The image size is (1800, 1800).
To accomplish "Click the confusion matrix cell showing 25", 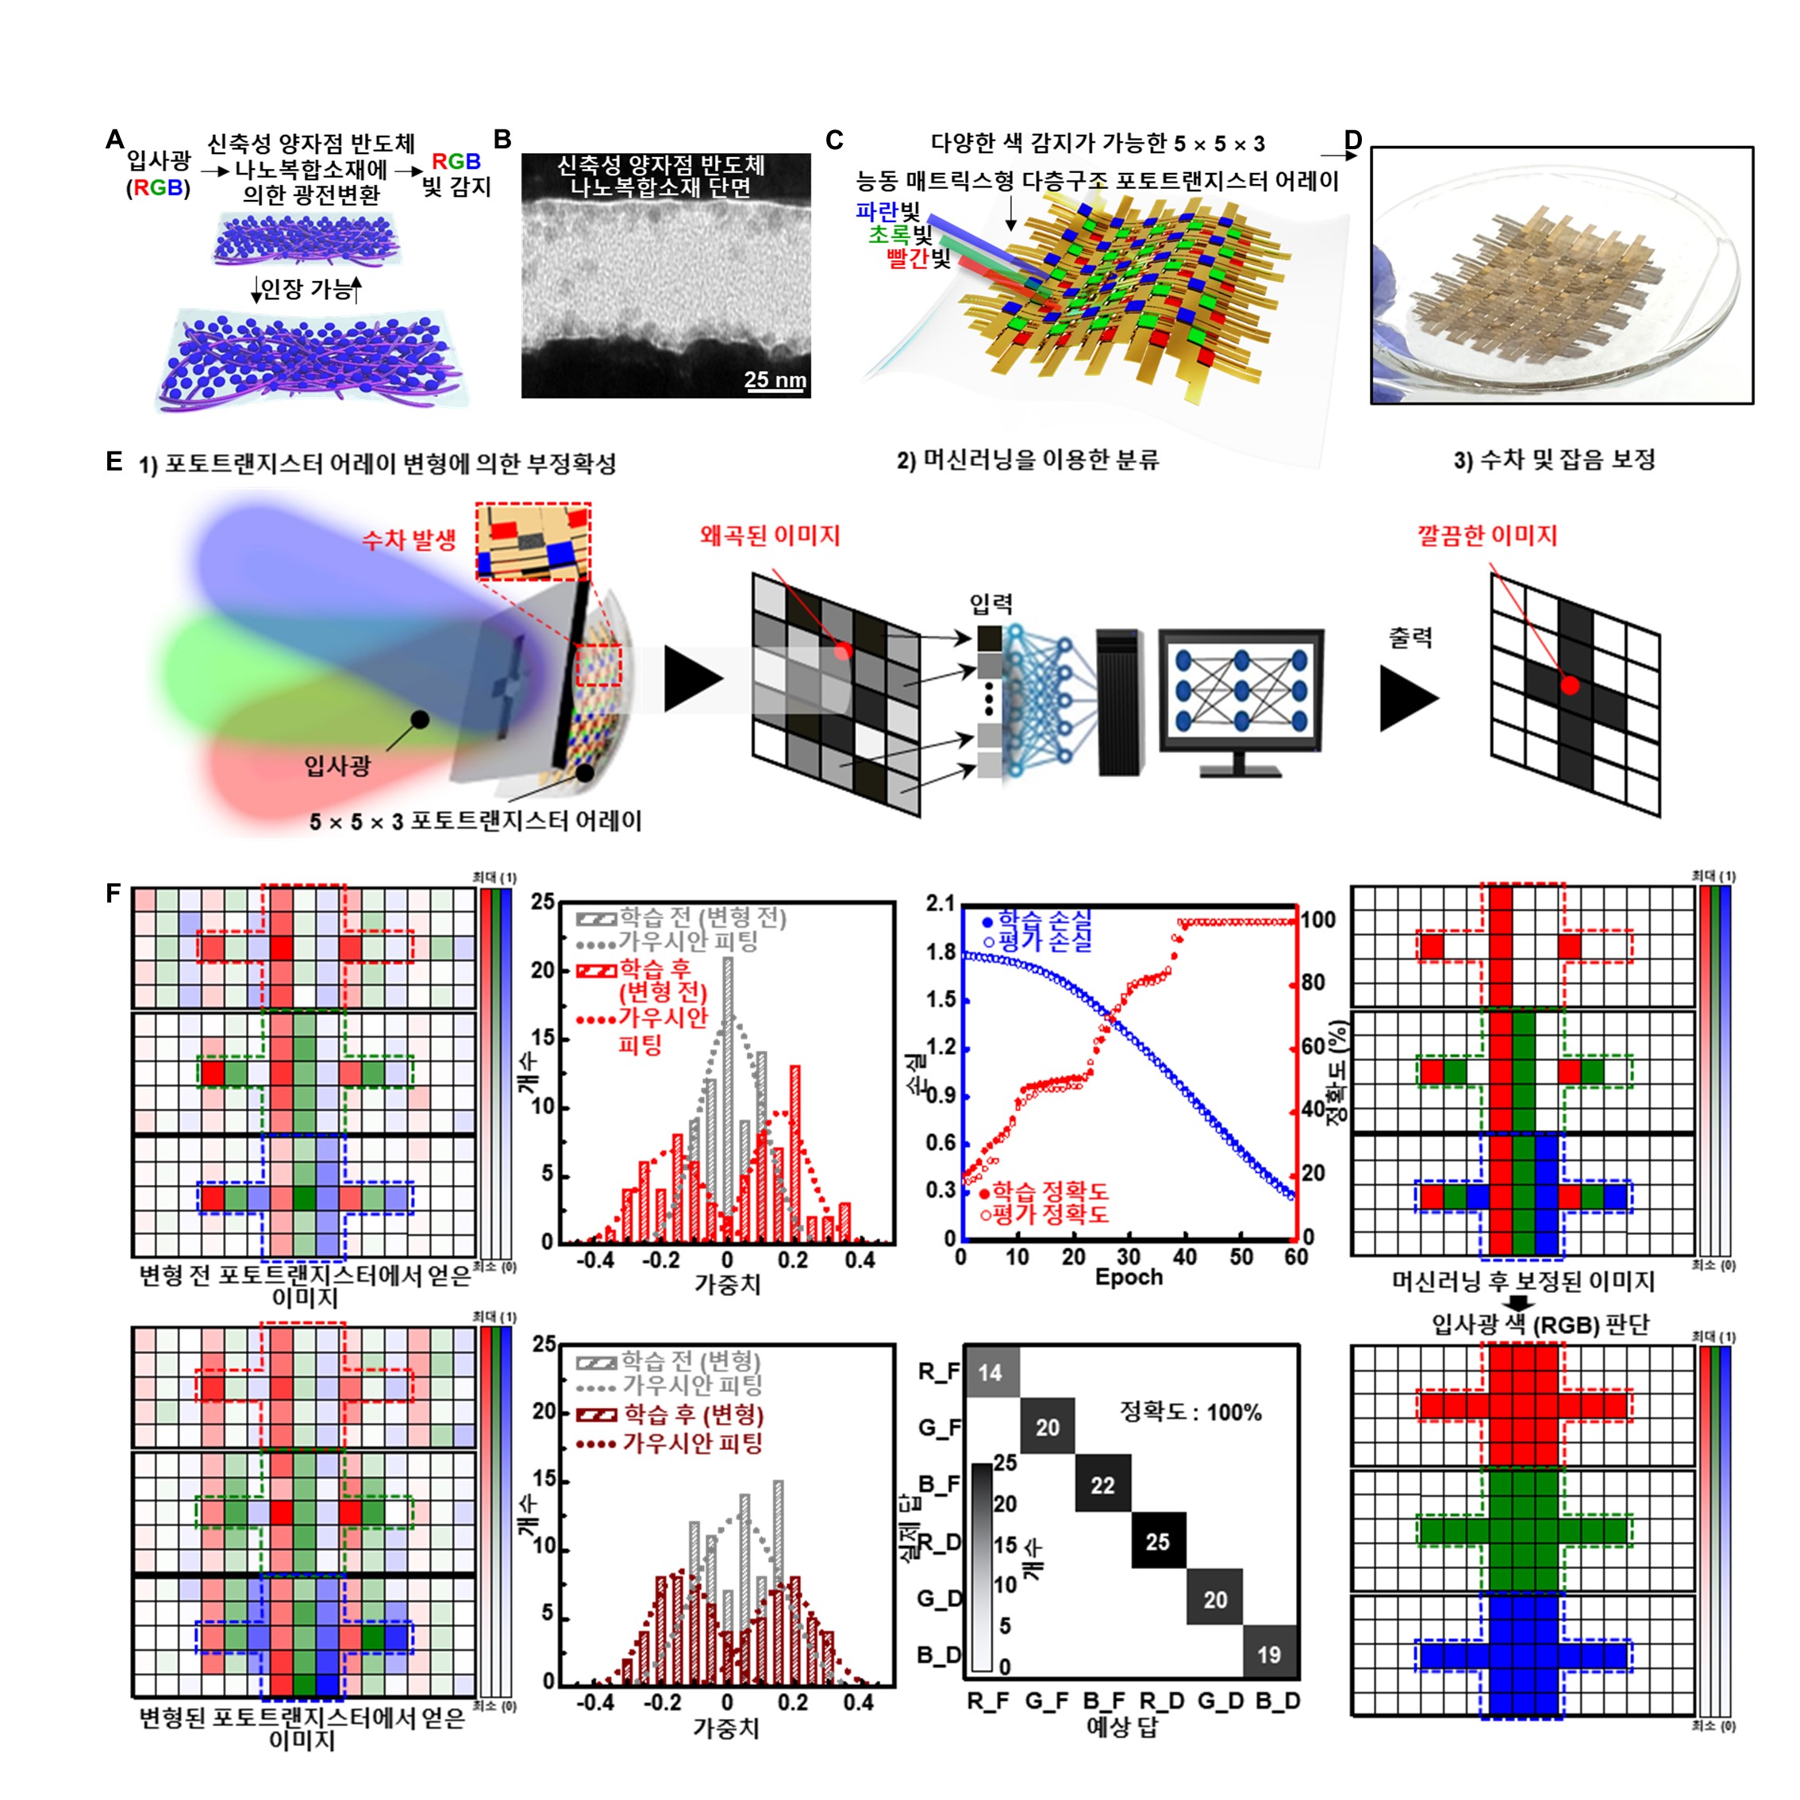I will pyautogui.click(x=1158, y=1542).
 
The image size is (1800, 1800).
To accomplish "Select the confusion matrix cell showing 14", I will pyautogui.click(x=990, y=1372).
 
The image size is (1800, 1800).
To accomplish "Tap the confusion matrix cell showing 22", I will pyautogui.click(x=1103, y=1485).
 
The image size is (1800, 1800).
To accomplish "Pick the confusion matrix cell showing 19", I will pyautogui.click(x=1269, y=1655).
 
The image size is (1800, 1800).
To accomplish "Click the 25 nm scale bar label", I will pyautogui.click(x=775, y=379).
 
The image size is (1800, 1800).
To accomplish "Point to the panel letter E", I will pyautogui.click(x=113, y=461).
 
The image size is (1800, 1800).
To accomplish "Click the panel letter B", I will pyautogui.click(x=502, y=140).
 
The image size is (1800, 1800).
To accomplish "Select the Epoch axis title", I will pyautogui.click(x=1129, y=1276).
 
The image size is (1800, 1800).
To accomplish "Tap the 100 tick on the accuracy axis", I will pyautogui.click(x=1318, y=920).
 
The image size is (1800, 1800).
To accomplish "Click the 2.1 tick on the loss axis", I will pyautogui.click(x=940, y=903).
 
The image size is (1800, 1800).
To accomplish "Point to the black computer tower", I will pyautogui.click(x=1120, y=702).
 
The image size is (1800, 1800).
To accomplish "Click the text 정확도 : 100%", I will pyautogui.click(x=1190, y=1413).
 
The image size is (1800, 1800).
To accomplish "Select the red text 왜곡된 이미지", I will pyautogui.click(x=770, y=536).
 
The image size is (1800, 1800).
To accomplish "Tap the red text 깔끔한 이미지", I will pyautogui.click(x=1487, y=536).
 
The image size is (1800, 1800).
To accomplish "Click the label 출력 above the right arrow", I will pyautogui.click(x=1410, y=638).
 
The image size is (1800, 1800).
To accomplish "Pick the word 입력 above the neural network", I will pyautogui.click(x=991, y=604).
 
